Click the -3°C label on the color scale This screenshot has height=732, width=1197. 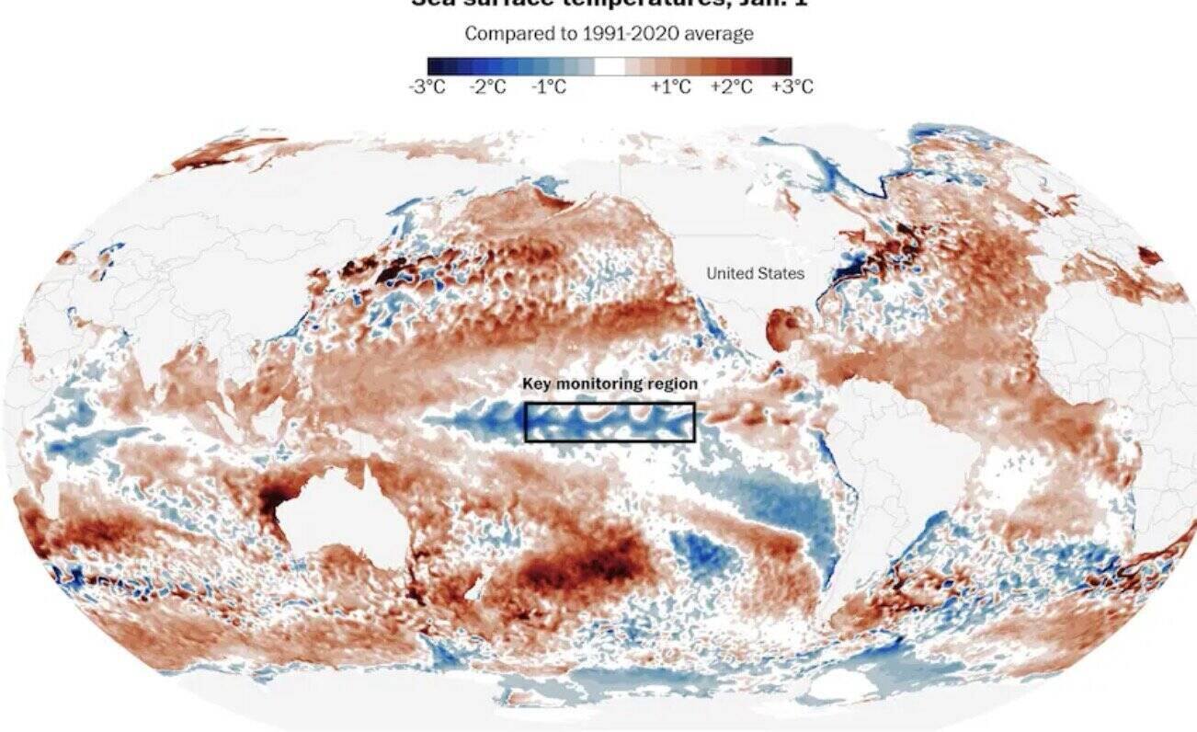427,87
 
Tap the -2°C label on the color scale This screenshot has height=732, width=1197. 487,87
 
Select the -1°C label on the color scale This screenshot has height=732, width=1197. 548,87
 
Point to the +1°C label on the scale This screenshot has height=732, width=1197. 670,87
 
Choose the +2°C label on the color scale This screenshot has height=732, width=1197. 731,87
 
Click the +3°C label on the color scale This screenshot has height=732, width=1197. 792,87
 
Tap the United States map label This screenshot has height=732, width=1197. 755,273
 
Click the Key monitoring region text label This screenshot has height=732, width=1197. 610,384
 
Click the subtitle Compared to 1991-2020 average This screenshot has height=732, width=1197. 609,34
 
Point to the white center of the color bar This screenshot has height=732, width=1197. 609,66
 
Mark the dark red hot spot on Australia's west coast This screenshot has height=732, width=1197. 273,501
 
